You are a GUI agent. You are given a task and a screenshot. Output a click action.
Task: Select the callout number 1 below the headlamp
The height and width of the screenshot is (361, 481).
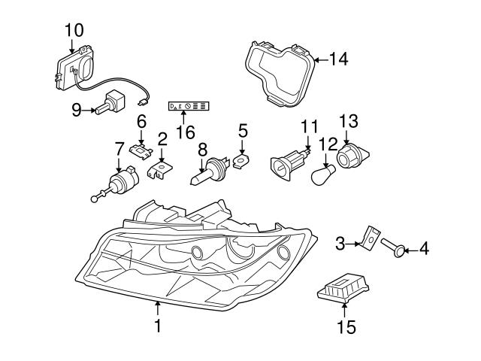pyautogui.click(x=158, y=326)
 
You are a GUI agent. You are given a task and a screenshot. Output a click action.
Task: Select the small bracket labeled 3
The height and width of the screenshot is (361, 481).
pyautogui.click(x=368, y=238)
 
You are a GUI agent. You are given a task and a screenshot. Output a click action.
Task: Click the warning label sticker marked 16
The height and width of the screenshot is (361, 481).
pyautogui.click(x=189, y=108)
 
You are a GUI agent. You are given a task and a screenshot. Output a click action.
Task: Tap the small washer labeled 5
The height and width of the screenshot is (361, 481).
pyautogui.click(x=240, y=160)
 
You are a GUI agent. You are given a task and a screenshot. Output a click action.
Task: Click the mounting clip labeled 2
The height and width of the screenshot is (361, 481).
pyautogui.click(x=159, y=171)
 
